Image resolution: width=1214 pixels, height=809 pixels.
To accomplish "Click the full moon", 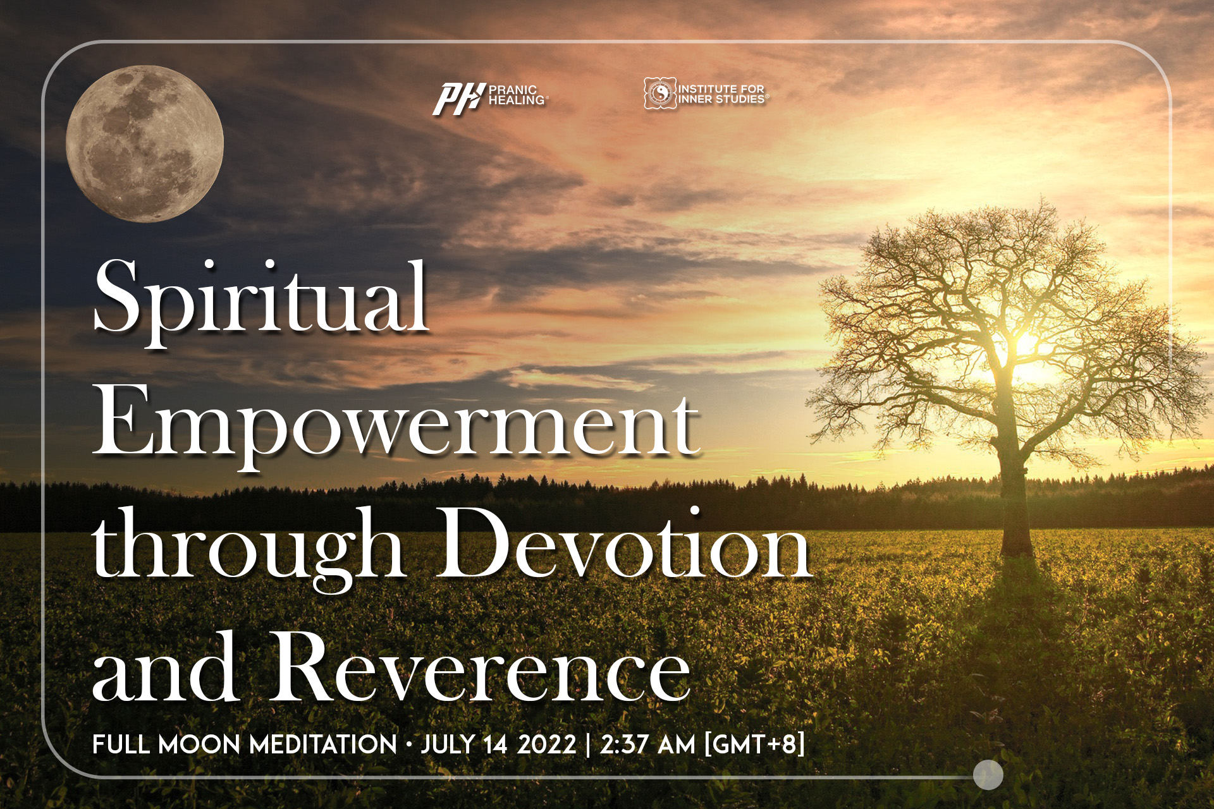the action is pyautogui.click(x=145, y=143).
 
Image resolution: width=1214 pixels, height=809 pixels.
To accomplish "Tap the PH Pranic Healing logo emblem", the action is pyautogui.click(x=459, y=99).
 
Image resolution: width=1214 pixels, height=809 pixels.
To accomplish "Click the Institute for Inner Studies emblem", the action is pyautogui.click(x=659, y=94).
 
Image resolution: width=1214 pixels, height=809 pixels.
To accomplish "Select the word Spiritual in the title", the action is pyautogui.click(x=261, y=298).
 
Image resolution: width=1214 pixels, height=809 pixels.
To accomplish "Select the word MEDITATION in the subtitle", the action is pyautogui.click(x=323, y=744).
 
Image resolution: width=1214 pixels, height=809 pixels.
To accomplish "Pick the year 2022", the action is pyautogui.click(x=547, y=744).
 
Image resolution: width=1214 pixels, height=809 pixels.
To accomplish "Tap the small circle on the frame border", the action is pyautogui.click(x=988, y=774).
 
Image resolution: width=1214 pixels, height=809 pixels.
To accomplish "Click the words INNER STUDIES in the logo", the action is pyautogui.click(x=722, y=99).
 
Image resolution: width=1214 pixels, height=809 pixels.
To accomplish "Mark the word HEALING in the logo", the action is pyautogui.click(x=517, y=100).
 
